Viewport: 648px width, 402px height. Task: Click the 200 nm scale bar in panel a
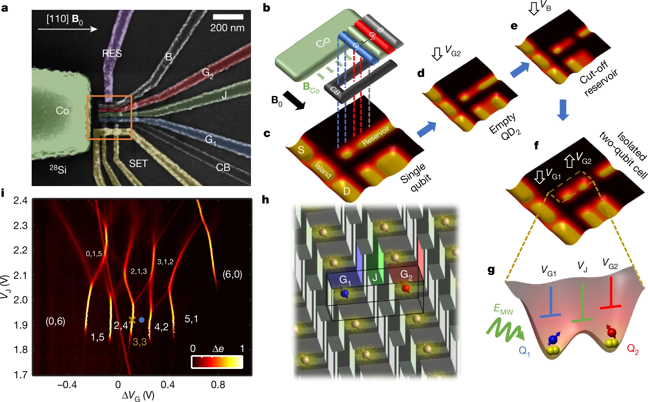point(228,17)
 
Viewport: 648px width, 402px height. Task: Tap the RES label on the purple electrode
point(112,53)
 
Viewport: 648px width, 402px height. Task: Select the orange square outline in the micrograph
point(109,96)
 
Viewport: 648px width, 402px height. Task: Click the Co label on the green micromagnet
point(62,111)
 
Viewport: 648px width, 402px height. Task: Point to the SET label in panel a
point(138,164)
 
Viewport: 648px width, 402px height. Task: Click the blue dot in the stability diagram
point(141,320)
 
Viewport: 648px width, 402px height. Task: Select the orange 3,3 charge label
point(139,342)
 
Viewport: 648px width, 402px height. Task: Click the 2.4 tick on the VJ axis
point(20,200)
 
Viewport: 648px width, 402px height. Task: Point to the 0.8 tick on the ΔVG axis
point(218,385)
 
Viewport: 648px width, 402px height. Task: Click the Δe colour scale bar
point(217,362)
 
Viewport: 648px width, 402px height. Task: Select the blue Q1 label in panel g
point(524,351)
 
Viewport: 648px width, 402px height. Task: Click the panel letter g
point(491,270)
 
